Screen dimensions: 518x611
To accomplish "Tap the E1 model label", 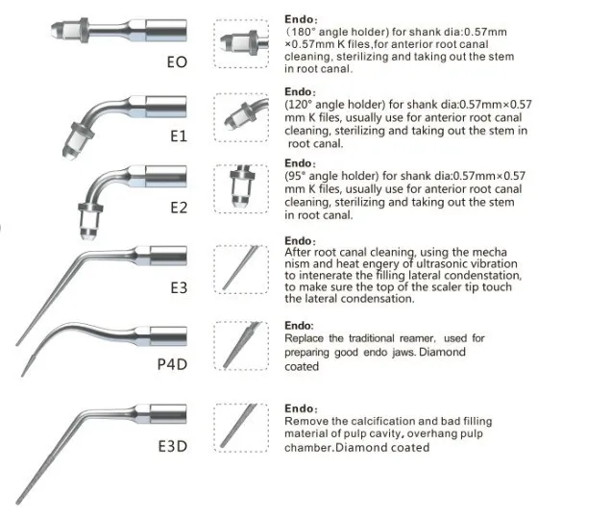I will (177, 136).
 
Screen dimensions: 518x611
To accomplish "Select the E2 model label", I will (177, 208).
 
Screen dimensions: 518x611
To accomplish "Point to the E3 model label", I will (177, 286).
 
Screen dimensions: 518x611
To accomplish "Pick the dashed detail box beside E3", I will (241, 267).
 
